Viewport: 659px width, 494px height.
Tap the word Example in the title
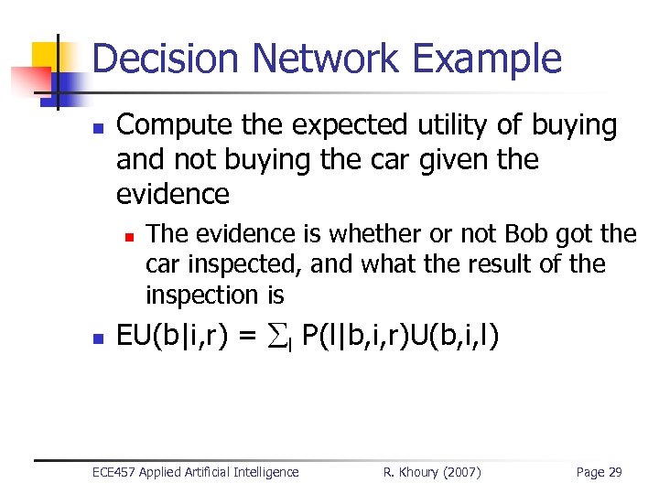click(487, 59)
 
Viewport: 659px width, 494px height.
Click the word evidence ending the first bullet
click(173, 194)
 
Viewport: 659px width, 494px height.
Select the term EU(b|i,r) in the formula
click(175, 337)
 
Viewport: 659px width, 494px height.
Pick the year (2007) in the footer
click(462, 472)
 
